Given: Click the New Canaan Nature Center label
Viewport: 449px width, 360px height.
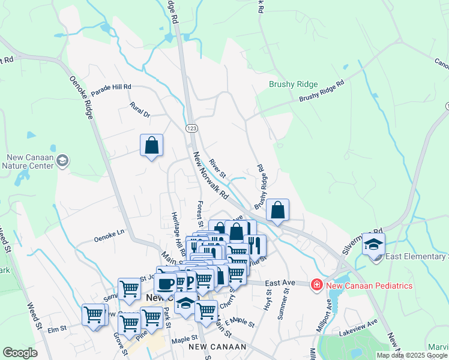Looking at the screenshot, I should [x=30, y=161].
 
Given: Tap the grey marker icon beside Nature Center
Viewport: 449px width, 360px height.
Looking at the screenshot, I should [x=63, y=161].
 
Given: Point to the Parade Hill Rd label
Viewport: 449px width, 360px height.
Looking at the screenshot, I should [x=111, y=88].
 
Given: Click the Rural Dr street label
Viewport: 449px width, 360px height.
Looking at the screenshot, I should [x=139, y=109].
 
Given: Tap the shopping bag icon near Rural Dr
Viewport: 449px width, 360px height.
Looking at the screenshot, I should [x=151, y=145].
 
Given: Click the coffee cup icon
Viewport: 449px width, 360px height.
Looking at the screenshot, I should [x=165, y=283].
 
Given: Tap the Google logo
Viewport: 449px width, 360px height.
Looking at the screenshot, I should [x=20, y=353].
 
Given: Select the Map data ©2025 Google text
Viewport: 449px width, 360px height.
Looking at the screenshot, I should [x=412, y=355].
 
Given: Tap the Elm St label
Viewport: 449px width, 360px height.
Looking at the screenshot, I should [x=56, y=329].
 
